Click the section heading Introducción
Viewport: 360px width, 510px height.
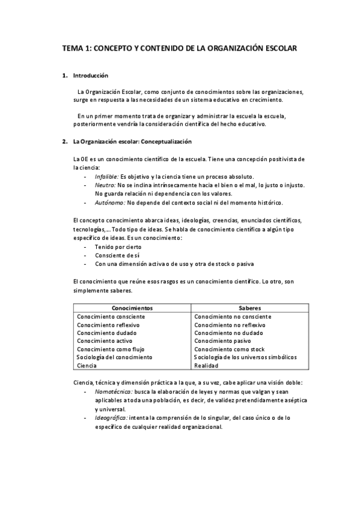[x=90, y=76]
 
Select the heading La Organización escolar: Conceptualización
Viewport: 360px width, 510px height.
[x=132, y=142]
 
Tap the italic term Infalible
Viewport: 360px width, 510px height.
[x=106, y=176]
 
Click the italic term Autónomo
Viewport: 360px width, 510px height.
[x=109, y=203]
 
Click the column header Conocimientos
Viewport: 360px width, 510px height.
[x=132, y=307]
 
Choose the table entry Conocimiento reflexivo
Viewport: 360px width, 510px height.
[x=108, y=325]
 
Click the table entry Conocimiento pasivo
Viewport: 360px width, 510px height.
[x=221, y=341]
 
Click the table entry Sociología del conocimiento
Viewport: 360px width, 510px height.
[x=114, y=357]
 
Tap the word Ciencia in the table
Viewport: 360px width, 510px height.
[x=87, y=366]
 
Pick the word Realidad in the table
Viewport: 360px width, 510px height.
[x=206, y=366]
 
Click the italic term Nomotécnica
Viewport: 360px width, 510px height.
[x=113, y=392]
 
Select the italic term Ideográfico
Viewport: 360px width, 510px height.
[x=111, y=417]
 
